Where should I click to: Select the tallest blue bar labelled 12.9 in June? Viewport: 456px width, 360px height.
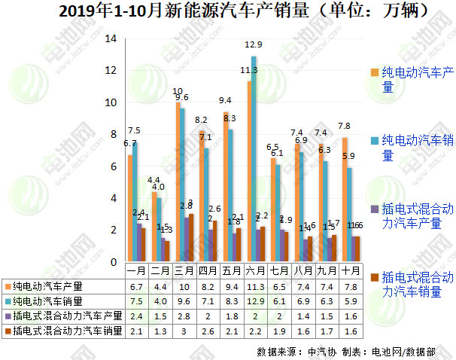point(254,159)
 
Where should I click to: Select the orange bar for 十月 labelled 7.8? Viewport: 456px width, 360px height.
point(345,200)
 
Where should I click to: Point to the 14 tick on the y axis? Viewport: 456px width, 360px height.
point(110,39)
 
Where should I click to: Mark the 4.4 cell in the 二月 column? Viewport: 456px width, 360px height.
point(160,286)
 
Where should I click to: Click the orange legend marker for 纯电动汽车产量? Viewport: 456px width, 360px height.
point(374,72)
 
